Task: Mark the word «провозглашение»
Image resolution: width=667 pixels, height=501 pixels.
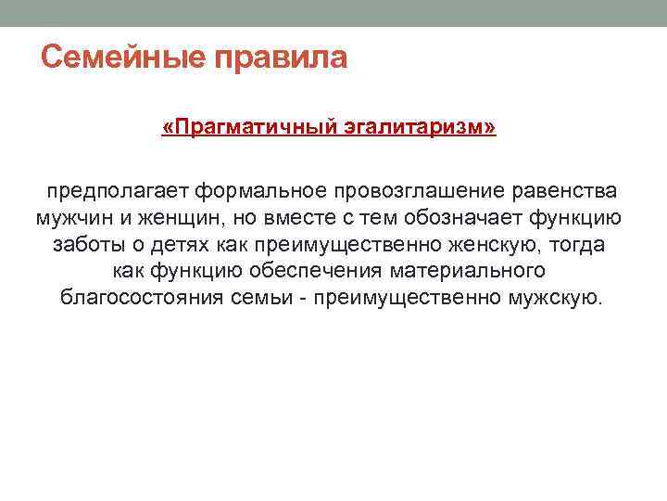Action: point(419,191)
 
